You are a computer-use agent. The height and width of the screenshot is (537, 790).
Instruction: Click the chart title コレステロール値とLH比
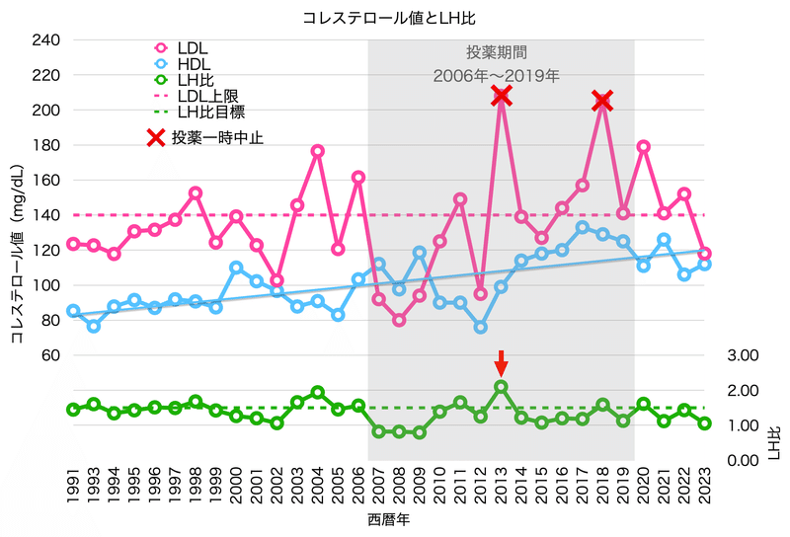(x=395, y=18)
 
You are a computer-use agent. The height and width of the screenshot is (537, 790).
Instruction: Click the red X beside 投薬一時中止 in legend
(x=155, y=137)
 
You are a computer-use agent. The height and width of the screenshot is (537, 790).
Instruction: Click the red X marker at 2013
(x=501, y=96)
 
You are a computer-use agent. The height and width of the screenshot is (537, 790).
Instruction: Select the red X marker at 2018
(x=602, y=101)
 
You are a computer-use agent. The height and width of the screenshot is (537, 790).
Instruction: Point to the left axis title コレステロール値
(x=17, y=281)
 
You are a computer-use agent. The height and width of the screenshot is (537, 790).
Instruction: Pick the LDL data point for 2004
(x=317, y=151)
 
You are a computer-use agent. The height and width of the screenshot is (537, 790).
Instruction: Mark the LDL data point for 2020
(x=643, y=146)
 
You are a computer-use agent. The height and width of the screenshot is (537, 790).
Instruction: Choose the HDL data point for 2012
(x=480, y=327)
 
